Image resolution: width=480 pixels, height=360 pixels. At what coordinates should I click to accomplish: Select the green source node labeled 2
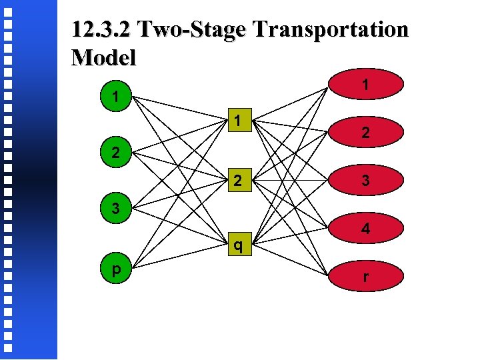[x=115, y=153]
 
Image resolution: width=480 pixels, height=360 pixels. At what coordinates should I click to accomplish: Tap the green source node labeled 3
[x=115, y=209]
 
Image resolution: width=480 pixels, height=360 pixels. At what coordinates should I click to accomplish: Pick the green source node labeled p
[x=115, y=269]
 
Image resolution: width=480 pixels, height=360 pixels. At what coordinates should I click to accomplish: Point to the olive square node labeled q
[x=238, y=246]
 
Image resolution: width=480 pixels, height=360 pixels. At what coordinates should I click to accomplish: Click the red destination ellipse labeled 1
[x=365, y=85]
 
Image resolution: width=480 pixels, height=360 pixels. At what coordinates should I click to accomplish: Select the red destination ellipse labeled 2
[x=365, y=133]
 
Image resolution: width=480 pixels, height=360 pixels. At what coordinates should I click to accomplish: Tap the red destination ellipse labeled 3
[x=365, y=180]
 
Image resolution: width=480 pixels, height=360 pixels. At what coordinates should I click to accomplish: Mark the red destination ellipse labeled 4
[x=365, y=228]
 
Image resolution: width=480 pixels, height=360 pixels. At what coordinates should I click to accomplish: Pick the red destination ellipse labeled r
[x=365, y=275]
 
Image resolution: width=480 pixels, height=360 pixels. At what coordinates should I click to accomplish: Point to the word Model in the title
[x=103, y=57]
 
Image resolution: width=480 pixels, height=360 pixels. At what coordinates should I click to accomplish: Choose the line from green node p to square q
[x=180, y=258]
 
